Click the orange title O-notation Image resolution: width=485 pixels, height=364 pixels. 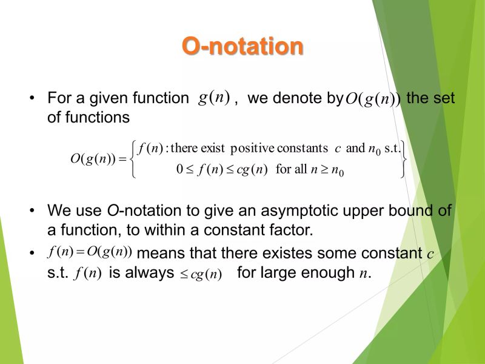[242, 47]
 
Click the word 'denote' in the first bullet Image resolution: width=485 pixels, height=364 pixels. [293, 98]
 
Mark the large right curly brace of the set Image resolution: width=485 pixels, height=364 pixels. [403, 159]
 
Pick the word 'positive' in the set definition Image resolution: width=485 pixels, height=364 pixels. [253, 149]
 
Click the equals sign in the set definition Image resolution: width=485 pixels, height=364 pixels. [121, 159]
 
